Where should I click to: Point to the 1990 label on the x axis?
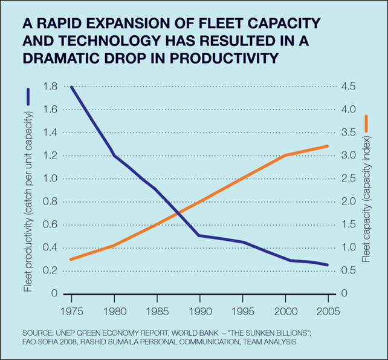point(199,306)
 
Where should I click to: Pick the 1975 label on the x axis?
point(71,306)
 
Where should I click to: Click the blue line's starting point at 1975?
point(71,87)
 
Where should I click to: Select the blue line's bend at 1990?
point(199,235)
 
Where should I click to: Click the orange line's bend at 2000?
point(285,155)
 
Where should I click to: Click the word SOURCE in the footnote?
point(37,333)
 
